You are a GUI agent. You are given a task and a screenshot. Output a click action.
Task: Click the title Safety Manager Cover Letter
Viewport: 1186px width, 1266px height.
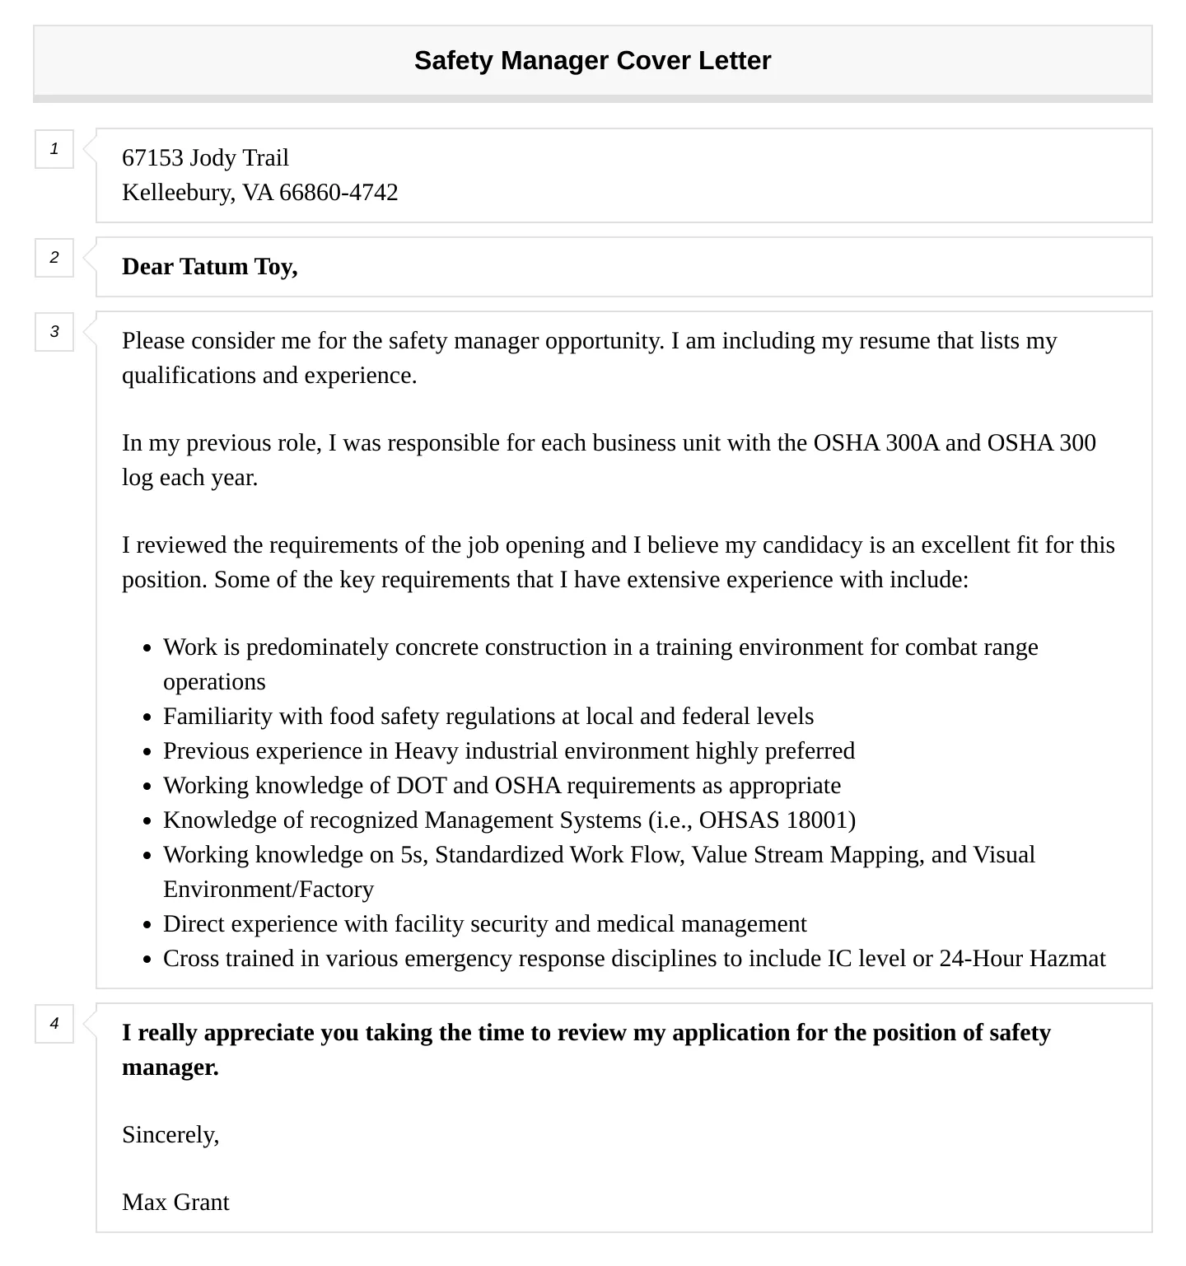click(x=592, y=61)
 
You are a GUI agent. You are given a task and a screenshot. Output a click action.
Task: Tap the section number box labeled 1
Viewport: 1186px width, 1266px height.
click(x=54, y=149)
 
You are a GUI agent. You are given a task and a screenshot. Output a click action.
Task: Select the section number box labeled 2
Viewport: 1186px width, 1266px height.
click(x=54, y=258)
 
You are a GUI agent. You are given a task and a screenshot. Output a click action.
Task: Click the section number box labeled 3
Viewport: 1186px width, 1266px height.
click(x=54, y=332)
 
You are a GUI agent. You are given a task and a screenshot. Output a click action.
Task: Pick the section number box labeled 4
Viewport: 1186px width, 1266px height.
click(x=54, y=1024)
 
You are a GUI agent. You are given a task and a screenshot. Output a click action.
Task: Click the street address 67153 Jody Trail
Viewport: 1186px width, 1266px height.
click(x=205, y=158)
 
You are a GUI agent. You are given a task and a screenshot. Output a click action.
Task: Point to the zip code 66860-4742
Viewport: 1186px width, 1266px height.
click(x=339, y=193)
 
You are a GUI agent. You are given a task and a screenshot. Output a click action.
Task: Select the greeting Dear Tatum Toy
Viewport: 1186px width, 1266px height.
click(x=209, y=267)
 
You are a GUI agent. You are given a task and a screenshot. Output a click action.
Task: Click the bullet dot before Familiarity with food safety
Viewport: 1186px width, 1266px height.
click(x=147, y=717)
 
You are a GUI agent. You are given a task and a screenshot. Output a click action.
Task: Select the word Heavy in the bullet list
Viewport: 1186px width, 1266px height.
click(x=427, y=751)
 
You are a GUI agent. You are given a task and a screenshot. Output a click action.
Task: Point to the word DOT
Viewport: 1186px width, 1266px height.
click(x=421, y=786)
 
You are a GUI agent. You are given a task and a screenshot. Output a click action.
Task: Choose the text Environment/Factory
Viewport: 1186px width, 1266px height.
click(x=268, y=890)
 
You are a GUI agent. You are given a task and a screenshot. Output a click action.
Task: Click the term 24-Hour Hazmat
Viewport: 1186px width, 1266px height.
click(x=1022, y=959)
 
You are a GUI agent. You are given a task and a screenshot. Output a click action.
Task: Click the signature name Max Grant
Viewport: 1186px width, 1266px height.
click(x=175, y=1203)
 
